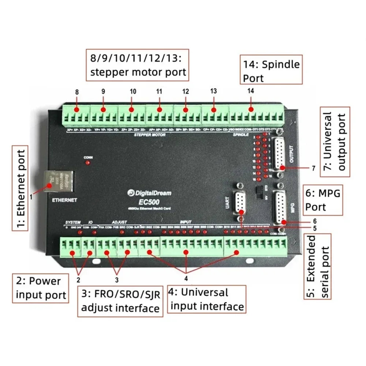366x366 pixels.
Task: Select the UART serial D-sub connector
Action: pyautogui.click(x=240, y=202)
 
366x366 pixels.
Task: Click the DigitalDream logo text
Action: pyautogui.click(x=149, y=193)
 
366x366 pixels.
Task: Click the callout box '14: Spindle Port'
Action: pyautogui.click(x=271, y=70)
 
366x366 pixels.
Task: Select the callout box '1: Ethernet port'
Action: pyautogui.click(x=20, y=188)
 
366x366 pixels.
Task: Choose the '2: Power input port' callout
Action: pyautogui.click(x=41, y=288)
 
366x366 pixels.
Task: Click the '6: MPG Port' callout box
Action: pyautogui.click(x=323, y=200)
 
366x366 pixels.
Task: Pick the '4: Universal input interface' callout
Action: pyautogui.click(x=207, y=299)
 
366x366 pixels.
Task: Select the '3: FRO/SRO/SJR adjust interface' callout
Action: pyautogui.click(x=120, y=301)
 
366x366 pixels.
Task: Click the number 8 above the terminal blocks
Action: pyautogui.click(x=77, y=92)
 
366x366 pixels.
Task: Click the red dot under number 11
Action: pyautogui.click(x=159, y=109)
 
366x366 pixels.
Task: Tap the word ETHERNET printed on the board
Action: pyautogui.click(x=64, y=200)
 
